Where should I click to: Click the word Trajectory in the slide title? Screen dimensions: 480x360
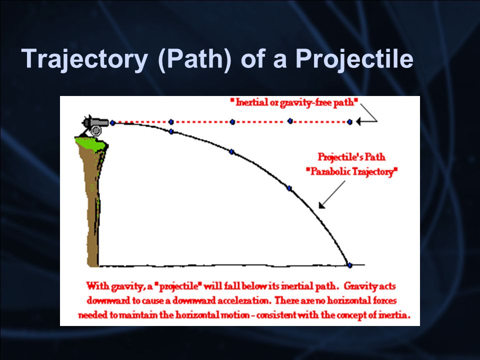(85, 59)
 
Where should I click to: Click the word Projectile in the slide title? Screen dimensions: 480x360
(354, 59)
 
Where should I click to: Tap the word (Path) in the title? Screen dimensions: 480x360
(195, 59)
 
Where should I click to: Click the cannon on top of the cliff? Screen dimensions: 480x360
(95, 125)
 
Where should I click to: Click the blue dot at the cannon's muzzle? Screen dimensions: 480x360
(112, 123)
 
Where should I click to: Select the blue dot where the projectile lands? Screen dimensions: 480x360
(349, 265)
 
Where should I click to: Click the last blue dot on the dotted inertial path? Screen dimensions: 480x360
(350, 122)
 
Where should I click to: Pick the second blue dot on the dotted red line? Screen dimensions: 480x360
(171, 122)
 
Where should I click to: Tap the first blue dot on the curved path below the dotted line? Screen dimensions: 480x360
(171, 131)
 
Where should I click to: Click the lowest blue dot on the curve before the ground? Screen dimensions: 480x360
(289, 188)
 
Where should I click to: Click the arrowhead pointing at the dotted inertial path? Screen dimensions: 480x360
(359, 121)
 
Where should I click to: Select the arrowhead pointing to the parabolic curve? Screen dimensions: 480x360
(321, 205)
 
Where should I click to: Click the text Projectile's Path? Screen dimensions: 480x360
(351, 157)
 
